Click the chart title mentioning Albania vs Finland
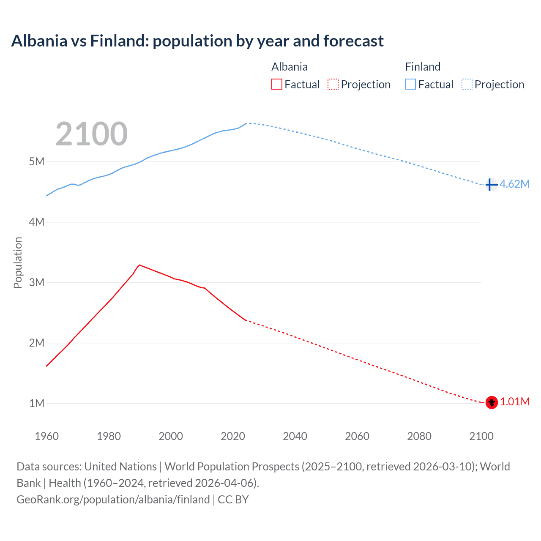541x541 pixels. (x=197, y=41)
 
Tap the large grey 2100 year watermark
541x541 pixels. (x=91, y=134)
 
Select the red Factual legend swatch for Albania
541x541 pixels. (x=276, y=84)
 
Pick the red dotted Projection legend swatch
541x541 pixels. (x=333, y=84)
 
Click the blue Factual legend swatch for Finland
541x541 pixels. (x=410, y=84)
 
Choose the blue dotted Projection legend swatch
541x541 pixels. (x=467, y=84)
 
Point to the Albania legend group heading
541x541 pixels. (x=290, y=67)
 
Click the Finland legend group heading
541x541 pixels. (x=423, y=67)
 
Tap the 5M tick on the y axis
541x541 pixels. (x=37, y=161)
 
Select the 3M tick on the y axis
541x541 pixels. (x=37, y=282)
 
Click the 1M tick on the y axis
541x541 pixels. (x=37, y=403)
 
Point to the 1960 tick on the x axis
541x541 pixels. (x=46, y=436)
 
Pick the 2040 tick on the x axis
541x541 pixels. (x=295, y=436)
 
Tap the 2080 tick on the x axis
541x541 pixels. (x=419, y=436)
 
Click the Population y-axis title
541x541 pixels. (x=18, y=262)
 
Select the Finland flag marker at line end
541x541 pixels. (x=491, y=185)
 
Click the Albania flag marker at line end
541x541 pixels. (x=492, y=402)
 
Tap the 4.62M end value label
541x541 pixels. (x=514, y=184)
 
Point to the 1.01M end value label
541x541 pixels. (x=515, y=402)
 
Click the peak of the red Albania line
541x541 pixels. (x=139, y=265)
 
